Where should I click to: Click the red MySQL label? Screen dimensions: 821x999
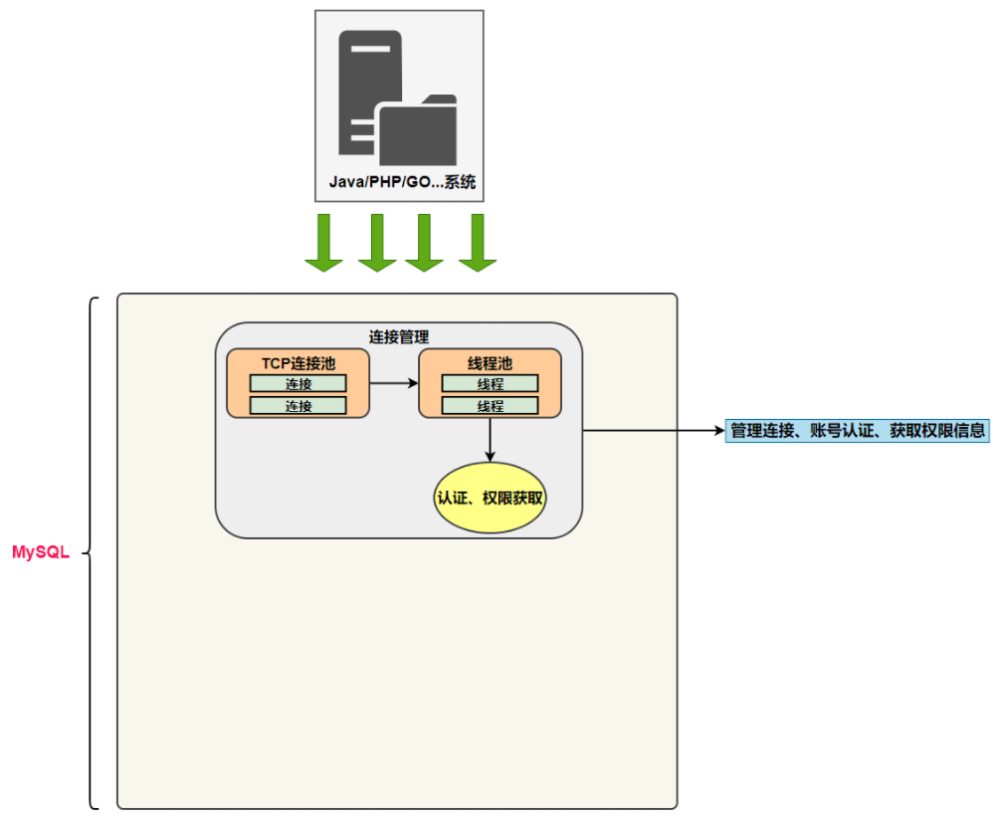coord(40,553)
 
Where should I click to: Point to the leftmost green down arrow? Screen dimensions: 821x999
coord(323,242)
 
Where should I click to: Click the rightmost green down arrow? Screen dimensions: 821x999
coord(477,242)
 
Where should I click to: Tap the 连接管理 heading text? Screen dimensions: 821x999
coord(399,336)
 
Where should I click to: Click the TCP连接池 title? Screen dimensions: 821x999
coord(299,363)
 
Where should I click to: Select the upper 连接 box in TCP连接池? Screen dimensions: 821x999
coord(298,384)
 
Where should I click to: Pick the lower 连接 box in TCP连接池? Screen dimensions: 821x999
coord(298,406)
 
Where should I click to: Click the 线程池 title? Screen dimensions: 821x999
coord(490,363)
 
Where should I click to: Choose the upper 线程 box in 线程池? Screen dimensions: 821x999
coord(490,384)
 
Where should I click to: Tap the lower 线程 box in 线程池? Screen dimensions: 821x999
coord(490,406)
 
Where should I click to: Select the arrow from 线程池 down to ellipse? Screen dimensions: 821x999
coord(490,439)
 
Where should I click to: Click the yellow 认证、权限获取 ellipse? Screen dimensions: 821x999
coord(490,497)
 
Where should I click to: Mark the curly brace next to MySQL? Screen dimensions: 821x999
coord(93,553)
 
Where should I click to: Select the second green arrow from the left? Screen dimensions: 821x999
coord(377,242)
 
